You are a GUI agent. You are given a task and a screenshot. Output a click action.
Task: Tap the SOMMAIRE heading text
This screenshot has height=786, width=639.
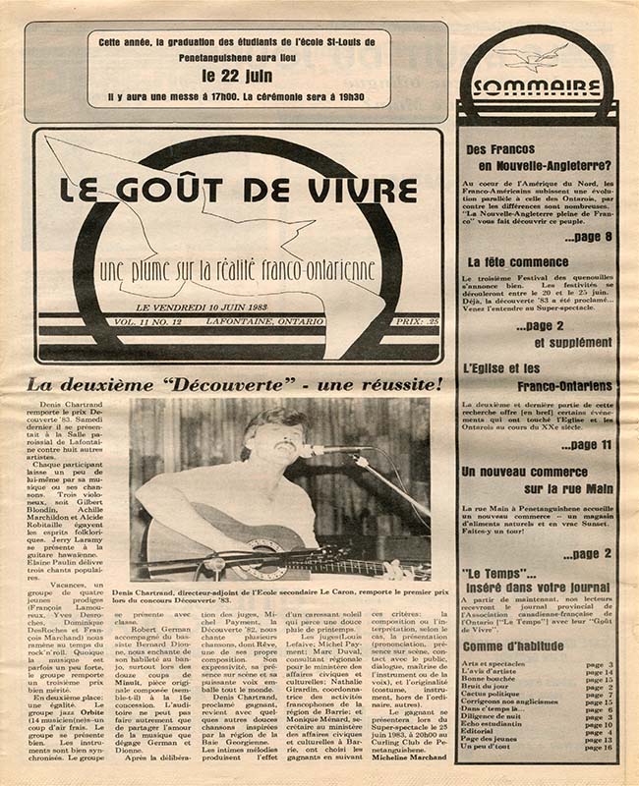pos(536,86)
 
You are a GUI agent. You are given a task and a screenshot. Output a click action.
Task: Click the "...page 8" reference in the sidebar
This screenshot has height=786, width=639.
pos(588,238)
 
